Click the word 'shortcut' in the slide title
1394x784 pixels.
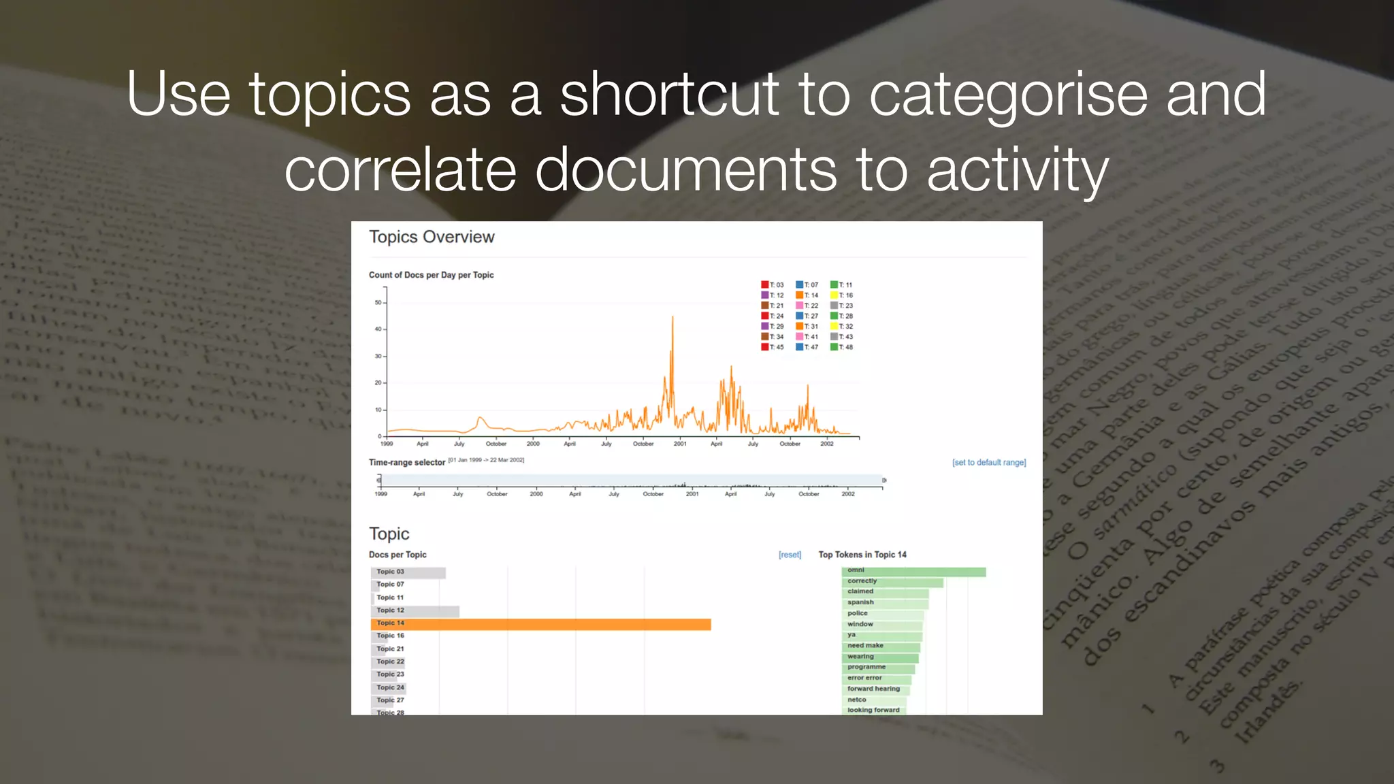[668, 95]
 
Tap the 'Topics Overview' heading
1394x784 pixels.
[432, 237]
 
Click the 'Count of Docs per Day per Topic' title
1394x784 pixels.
[431, 275]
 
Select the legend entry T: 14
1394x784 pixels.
[807, 295]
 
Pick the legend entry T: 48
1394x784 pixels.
[842, 347]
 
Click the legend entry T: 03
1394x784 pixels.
[773, 285]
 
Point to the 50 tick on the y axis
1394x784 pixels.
[378, 303]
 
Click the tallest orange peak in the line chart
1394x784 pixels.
[672, 318]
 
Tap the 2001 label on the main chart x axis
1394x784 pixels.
[680, 444]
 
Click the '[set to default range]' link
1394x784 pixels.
[988, 463]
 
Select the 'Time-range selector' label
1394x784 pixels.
[406, 463]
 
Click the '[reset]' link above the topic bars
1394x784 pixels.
[790, 555]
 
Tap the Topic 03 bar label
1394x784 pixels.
[390, 572]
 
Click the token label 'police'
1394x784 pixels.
[857, 613]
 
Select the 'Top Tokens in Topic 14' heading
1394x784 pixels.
[862, 555]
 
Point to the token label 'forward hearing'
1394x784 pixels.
[873, 689]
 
